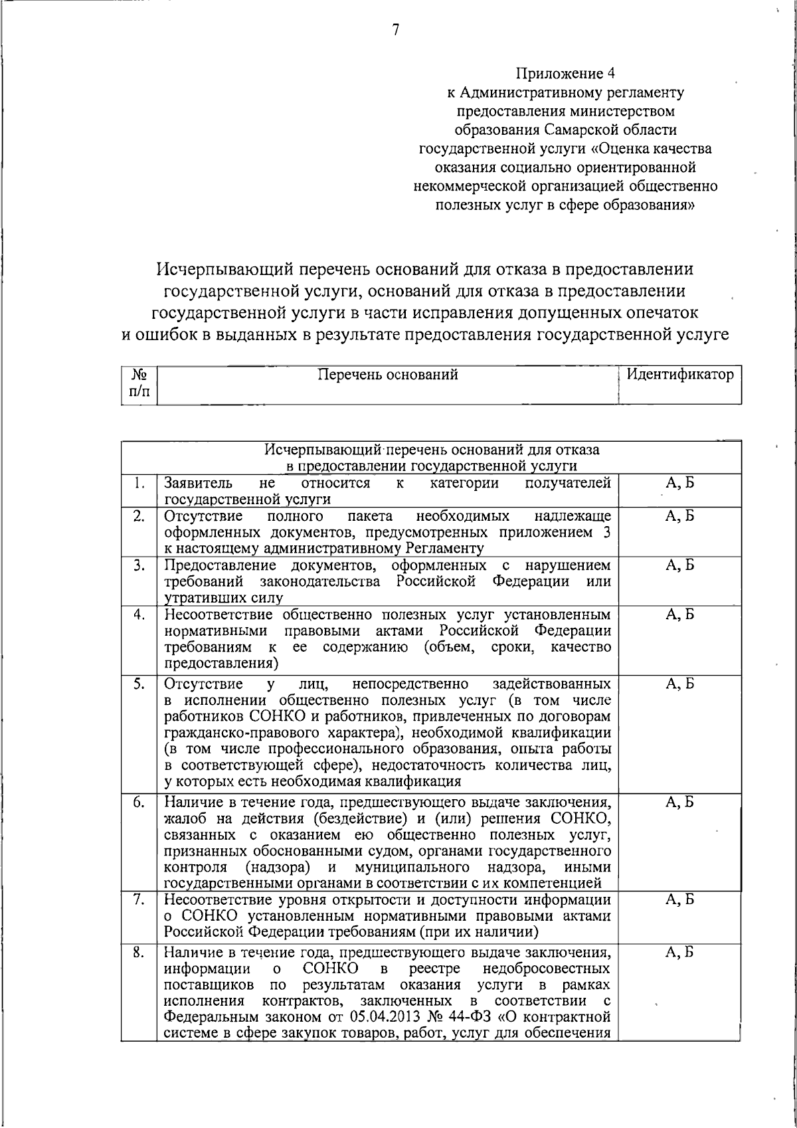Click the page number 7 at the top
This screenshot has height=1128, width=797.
396,31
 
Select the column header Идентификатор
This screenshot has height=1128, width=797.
680,375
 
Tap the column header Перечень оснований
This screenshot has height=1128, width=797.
388,375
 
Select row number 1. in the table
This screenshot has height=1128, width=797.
138,483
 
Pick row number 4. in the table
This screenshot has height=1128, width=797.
138,614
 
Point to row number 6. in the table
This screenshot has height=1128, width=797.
138,802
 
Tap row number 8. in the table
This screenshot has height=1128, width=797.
138,952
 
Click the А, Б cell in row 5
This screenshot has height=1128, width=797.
679,684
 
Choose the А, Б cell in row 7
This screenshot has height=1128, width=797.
679,900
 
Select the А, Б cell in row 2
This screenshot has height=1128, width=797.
679,516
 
